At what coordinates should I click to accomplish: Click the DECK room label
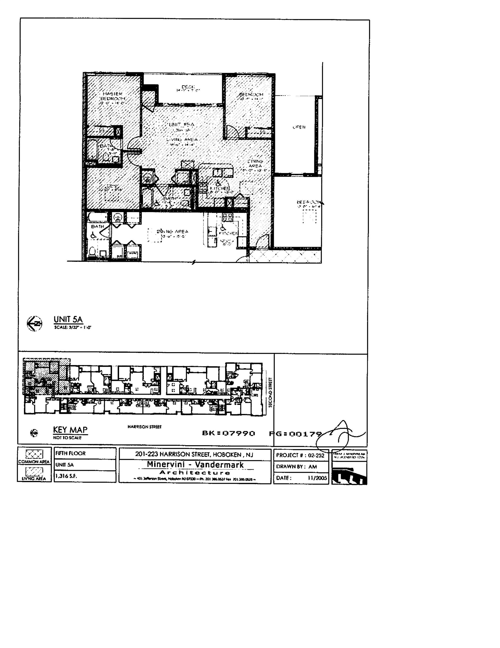click(188, 87)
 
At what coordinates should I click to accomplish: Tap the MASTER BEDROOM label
click(113, 96)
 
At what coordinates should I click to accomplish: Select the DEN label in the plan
click(112, 186)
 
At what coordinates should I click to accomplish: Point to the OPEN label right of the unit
click(299, 127)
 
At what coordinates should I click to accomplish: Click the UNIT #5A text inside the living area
click(181, 125)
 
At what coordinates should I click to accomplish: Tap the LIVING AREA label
click(182, 139)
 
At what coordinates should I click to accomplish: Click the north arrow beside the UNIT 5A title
click(34, 323)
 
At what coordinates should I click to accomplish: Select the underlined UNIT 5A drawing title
click(68, 319)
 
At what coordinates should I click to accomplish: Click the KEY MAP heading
click(70, 430)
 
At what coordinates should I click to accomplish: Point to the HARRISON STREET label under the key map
click(144, 427)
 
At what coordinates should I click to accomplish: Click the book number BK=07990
click(228, 433)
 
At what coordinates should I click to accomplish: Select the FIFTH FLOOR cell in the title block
click(71, 453)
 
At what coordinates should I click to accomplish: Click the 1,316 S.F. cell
click(66, 476)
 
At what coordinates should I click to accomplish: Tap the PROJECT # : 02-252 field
click(300, 455)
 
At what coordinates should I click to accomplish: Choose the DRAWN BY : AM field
click(296, 467)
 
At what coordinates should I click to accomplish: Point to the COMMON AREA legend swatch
click(34, 454)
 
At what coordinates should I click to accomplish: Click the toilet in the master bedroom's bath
click(106, 157)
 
